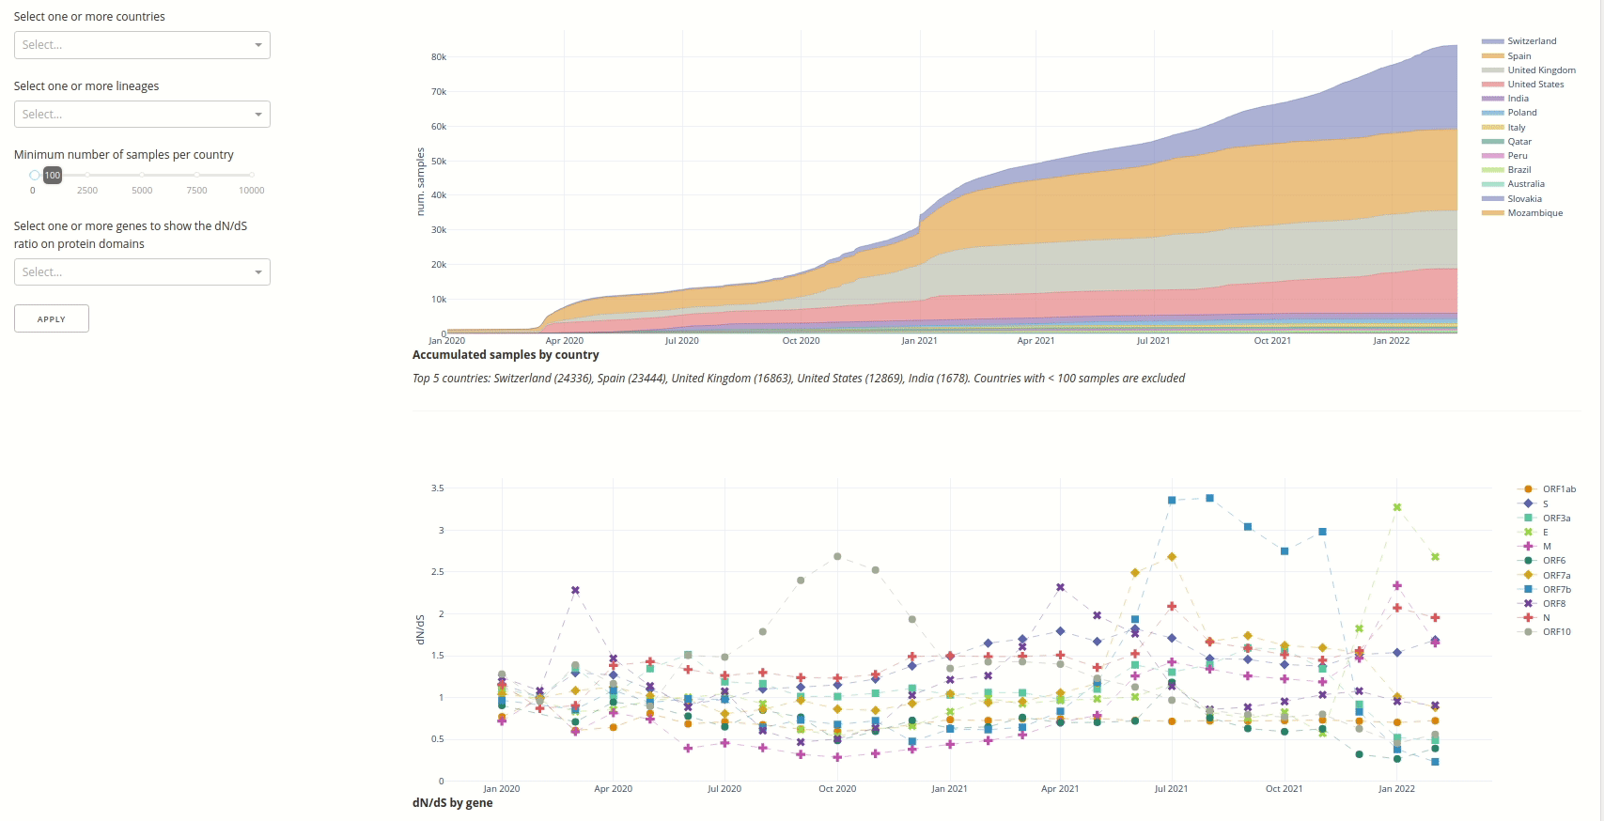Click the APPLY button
point(52,318)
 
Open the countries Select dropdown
point(142,45)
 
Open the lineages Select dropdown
point(142,115)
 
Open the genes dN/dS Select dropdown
point(142,272)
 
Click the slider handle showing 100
point(35,175)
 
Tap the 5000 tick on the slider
point(142,190)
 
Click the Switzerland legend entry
point(1531,41)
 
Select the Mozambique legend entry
point(1534,213)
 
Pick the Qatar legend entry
point(1518,142)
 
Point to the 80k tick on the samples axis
point(439,57)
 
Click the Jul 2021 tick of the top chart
point(1153,341)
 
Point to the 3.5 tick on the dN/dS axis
point(438,488)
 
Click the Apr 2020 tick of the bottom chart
point(614,789)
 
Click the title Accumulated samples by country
point(506,355)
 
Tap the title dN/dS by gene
point(452,803)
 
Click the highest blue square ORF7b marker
point(1209,498)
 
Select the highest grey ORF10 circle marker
point(837,557)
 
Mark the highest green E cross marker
point(1397,507)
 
